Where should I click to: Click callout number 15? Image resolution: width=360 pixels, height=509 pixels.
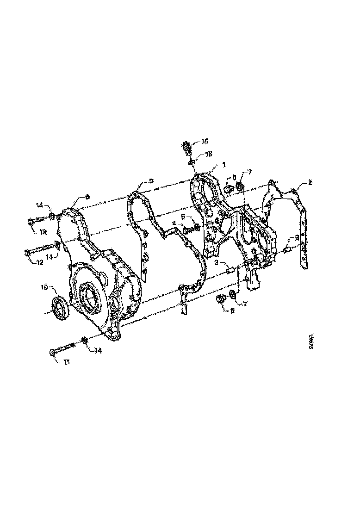(205, 142)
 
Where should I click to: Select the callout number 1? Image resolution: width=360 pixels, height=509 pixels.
(223, 164)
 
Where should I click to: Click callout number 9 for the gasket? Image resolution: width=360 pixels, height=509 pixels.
(151, 180)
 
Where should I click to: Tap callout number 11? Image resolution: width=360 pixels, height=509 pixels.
(67, 363)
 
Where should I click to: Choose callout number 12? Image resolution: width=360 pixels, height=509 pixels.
(40, 262)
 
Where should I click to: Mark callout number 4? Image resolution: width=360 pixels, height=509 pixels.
(174, 223)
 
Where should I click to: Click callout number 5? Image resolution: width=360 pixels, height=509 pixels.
(183, 216)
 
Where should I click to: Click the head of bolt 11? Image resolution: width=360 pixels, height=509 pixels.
(52, 353)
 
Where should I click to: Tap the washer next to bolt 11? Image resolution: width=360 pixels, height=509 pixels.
(85, 341)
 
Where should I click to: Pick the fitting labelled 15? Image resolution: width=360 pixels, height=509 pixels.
(186, 146)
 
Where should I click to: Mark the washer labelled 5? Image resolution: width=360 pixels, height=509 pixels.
(197, 226)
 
